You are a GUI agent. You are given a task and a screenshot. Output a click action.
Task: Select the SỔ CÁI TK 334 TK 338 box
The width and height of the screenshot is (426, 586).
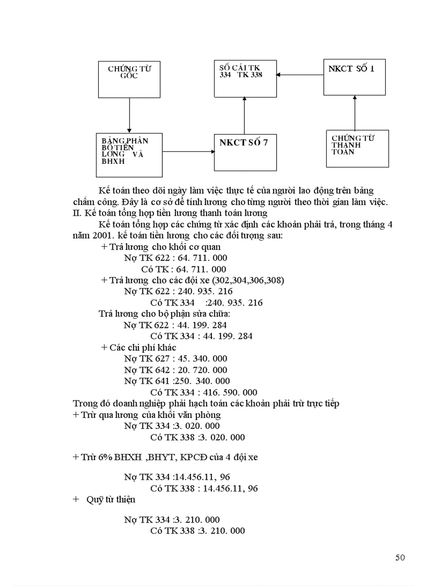(245, 78)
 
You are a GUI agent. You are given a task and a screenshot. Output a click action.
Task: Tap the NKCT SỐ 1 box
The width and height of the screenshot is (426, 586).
(354, 77)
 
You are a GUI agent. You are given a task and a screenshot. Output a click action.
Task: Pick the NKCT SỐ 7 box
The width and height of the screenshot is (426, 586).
(245, 152)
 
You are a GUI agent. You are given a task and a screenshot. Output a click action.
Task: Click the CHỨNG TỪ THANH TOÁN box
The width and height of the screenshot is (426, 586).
(357, 148)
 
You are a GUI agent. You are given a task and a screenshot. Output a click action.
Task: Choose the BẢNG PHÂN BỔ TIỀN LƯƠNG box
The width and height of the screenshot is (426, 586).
(129, 155)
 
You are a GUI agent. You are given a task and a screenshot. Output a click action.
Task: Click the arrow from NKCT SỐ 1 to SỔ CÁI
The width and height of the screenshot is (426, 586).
(300, 75)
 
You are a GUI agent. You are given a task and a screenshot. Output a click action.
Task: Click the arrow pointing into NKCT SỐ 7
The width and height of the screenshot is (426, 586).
(188, 152)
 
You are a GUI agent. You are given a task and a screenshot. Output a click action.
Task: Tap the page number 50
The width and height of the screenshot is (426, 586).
(400, 558)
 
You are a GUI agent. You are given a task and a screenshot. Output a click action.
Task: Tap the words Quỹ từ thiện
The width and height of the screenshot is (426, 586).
(111, 499)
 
